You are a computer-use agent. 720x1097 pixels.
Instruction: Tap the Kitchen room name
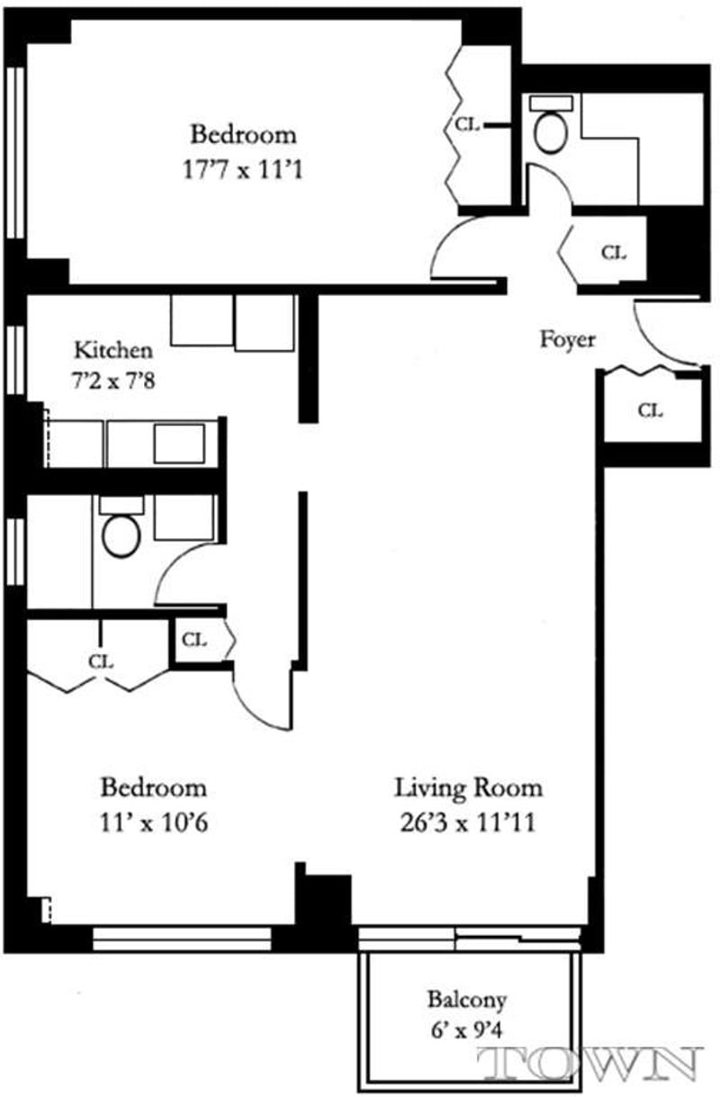pos(113,349)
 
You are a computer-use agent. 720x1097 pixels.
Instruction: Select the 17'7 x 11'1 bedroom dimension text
pos(242,168)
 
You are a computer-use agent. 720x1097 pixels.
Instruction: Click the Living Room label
pos(468,788)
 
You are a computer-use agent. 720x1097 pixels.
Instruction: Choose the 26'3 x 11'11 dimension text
pos(468,822)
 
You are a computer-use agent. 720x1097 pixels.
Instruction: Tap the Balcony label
pos(466,999)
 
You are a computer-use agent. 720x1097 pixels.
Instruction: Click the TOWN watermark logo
pos(592,1064)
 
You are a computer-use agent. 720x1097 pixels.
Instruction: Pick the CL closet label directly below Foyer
pos(650,410)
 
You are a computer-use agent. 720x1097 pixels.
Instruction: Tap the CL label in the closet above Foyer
pos(613,253)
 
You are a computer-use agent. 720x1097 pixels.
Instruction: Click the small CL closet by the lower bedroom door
pos(194,640)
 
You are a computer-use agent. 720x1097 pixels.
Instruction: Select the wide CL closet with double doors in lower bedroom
pos(100,660)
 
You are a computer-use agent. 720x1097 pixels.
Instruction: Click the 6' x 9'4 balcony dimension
pos(466,1029)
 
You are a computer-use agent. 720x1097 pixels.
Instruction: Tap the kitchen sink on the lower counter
pos(178,443)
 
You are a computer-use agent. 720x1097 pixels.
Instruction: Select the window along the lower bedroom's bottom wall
pos(182,939)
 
